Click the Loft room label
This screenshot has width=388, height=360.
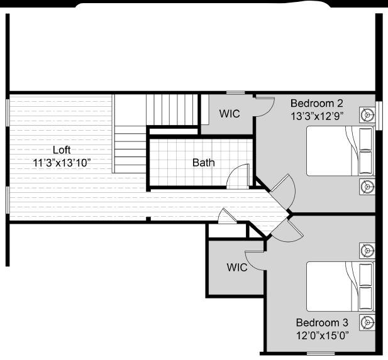tap(62, 150)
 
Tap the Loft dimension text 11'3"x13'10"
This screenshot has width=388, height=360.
tap(62, 162)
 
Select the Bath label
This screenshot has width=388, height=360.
tap(203, 163)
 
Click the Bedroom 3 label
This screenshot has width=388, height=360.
tap(322, 322)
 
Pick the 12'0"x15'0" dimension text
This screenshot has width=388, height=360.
tap(322, 335)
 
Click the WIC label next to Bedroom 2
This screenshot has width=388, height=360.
tap(229, 114)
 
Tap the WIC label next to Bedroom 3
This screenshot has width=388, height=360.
tap(237, 267)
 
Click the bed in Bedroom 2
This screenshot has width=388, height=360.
tap(340, 151)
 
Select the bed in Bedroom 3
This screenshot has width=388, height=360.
tap(340, 286)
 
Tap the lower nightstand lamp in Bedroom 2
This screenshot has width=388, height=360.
tap(367, 186)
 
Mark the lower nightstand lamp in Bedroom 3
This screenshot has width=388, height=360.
tap(367, 322)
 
